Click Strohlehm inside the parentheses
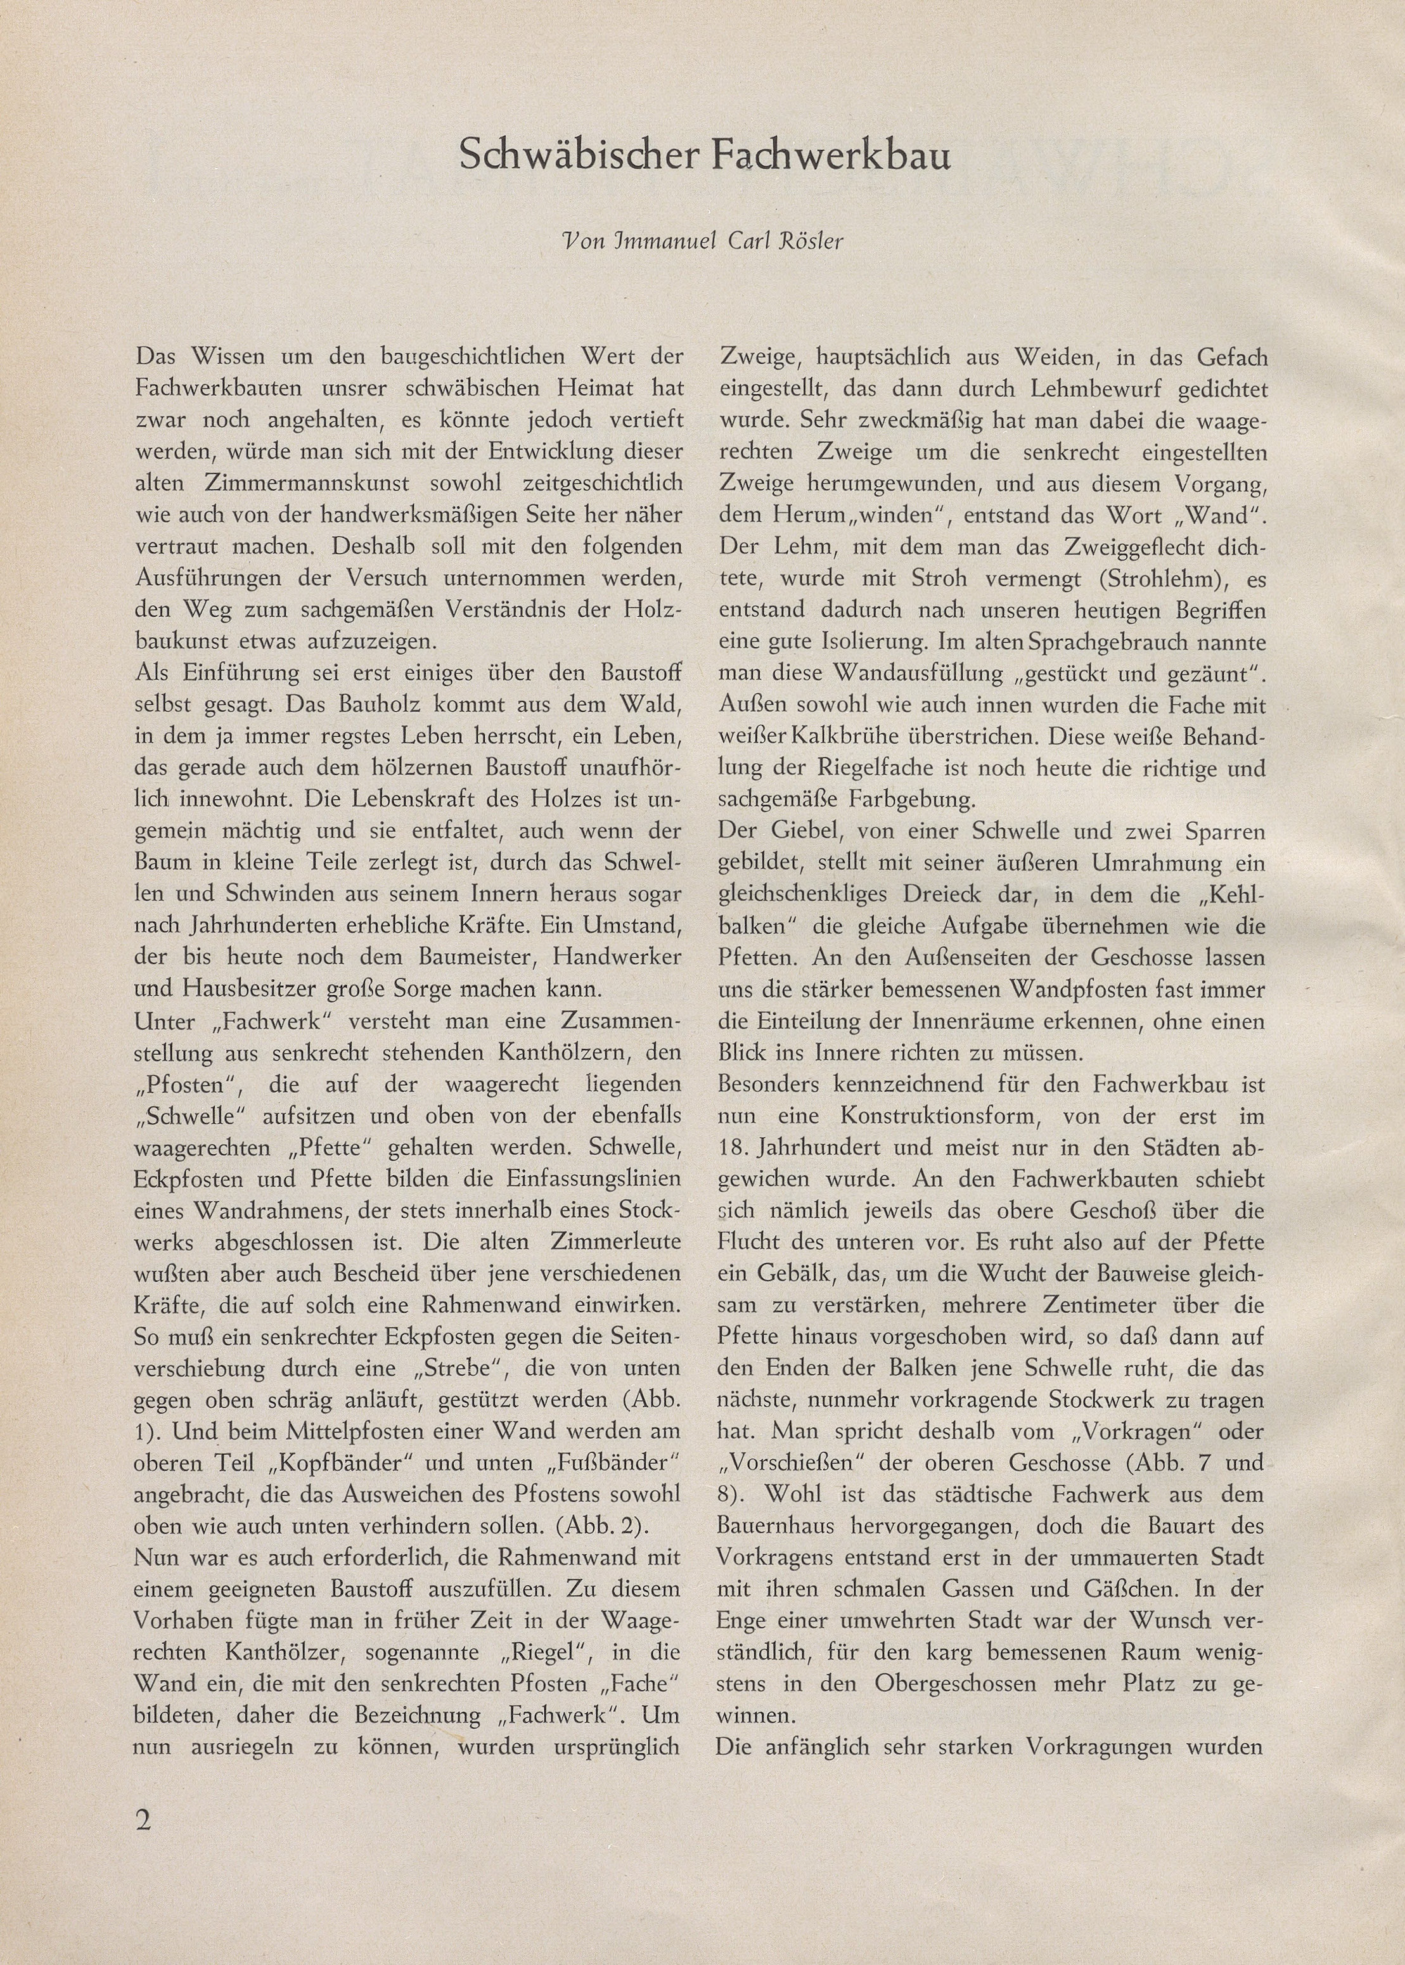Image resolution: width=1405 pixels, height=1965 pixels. click(1120, 579)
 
